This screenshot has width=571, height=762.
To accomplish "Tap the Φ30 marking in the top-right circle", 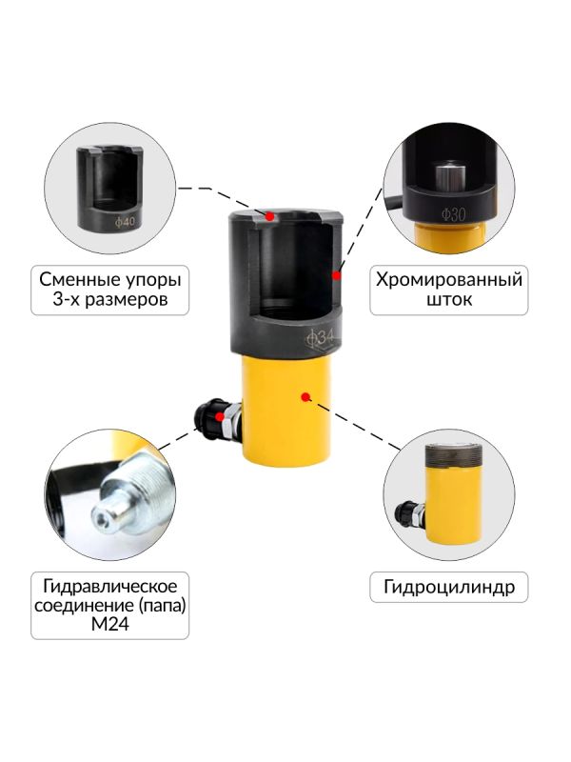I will tap(452, 214).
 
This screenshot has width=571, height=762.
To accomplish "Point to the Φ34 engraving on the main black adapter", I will tap(323, 337).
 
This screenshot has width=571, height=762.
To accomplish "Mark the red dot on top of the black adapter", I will tap(270, 216).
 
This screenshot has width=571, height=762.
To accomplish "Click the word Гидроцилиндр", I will tap(449, 587).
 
